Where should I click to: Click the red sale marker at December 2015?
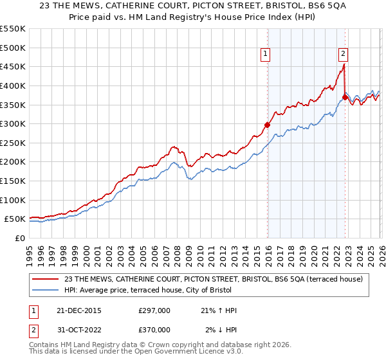point(267,125)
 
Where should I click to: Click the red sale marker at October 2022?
point(345,97)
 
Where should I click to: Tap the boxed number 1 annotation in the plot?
point(266,55)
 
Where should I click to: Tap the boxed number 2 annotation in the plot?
point(344,55)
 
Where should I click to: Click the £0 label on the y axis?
point(21,239)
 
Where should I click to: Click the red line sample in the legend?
point(46,279)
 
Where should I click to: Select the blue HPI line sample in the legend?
point(46,290)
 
